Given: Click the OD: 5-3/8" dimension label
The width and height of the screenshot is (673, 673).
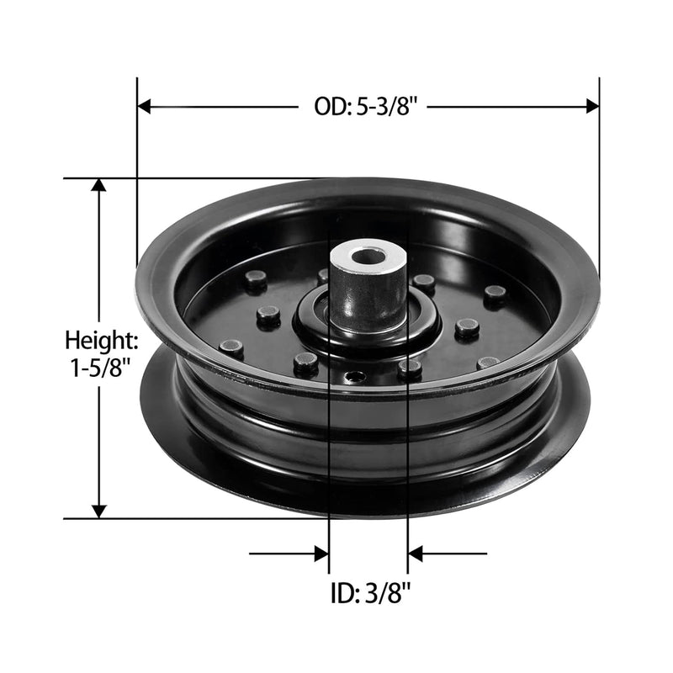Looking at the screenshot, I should (366, 107).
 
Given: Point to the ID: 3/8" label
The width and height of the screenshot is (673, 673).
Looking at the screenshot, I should (368, 594).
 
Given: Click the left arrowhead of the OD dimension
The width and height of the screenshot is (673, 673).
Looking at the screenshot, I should (143, 107).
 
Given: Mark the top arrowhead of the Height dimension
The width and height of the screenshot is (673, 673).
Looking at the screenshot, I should (99, 185).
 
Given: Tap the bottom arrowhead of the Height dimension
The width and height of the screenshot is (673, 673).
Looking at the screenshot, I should (99, 511).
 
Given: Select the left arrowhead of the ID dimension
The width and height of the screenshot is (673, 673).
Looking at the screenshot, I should (321, 554).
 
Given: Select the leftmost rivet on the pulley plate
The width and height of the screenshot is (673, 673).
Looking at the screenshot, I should (230, 347).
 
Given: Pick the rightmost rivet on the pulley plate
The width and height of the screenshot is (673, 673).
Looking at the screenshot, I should (495, 294).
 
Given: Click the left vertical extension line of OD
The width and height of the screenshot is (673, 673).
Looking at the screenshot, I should (136, 168).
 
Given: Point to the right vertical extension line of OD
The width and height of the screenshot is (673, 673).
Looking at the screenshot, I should (599, 168).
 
